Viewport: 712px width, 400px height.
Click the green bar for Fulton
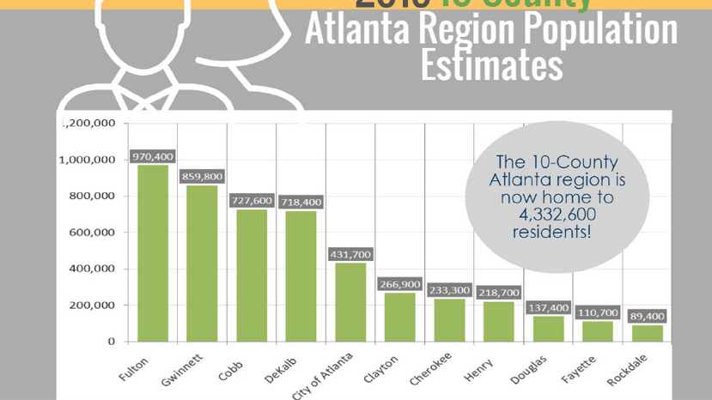point(153,253)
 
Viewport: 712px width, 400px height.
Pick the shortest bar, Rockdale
point(648,333)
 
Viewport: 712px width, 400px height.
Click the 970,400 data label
point(153,157)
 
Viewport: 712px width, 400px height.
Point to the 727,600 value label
point(252,201)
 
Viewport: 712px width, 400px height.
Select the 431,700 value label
point(350,255)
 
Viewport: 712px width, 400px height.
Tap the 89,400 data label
point(648,317)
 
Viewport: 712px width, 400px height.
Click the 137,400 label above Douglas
point(548,307)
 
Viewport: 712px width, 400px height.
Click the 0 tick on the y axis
point(112,342)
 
